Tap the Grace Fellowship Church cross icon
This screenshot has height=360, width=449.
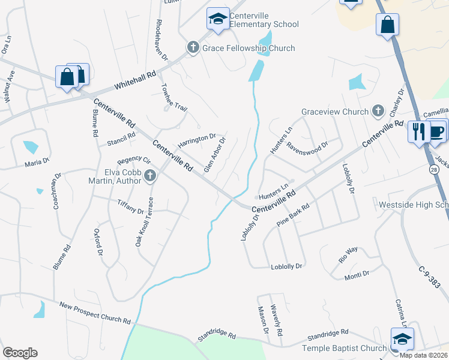click(193, 48)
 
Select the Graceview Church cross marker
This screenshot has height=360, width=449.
click(378, 110)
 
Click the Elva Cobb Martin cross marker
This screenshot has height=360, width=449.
click(151, 176)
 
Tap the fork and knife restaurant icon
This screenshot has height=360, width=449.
click(418, 131)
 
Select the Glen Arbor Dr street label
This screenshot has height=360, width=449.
click(214, 155)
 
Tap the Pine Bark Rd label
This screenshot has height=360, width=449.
click(293, 215)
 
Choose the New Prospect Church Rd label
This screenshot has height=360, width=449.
click(95, 313)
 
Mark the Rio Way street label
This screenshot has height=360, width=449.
click(348, 254)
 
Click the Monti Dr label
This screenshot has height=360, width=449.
click(357, 274)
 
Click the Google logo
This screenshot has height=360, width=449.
click(20, 353)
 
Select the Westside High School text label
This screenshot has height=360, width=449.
click(414, 205)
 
